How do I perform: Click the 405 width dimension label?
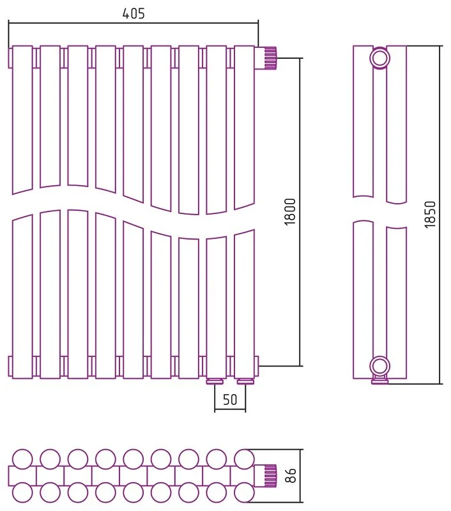(x=134, y=13)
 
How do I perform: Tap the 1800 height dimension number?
(x=289, y=211)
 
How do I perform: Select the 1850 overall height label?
(x=430, y=214)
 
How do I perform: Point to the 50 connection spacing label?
(x=230, y=399)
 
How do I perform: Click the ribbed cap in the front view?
(x=270, y=58)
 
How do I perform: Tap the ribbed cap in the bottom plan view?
(x=270, y=476)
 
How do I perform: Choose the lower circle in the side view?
(x=380, y=366)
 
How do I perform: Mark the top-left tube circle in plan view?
(x=22, y=459)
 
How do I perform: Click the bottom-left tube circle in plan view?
(x=22, y=492)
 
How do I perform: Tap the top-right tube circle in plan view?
(x=245, y=459)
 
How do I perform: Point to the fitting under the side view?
(x=380, y=379)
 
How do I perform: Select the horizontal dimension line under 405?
(x=134, y=23)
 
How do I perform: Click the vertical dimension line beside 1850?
(x=440, y=215)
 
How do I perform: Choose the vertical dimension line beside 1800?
(x=300, y=212)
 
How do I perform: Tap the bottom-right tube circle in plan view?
(x=245, y=492)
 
